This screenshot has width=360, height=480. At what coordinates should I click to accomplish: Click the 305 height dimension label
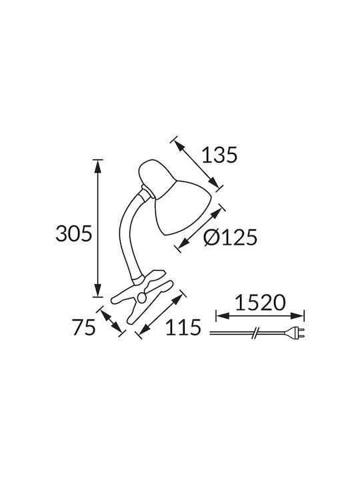74,234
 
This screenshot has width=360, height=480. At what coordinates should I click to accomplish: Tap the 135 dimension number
219,155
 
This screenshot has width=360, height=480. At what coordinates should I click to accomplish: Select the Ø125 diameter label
230,237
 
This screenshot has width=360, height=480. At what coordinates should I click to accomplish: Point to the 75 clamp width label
84,327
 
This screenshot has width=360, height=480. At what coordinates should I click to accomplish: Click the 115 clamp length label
183,327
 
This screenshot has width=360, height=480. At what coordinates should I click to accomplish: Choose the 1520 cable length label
260,303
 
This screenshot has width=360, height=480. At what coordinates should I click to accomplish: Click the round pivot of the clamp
142,297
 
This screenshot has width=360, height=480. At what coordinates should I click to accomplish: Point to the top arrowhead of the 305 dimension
97,166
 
